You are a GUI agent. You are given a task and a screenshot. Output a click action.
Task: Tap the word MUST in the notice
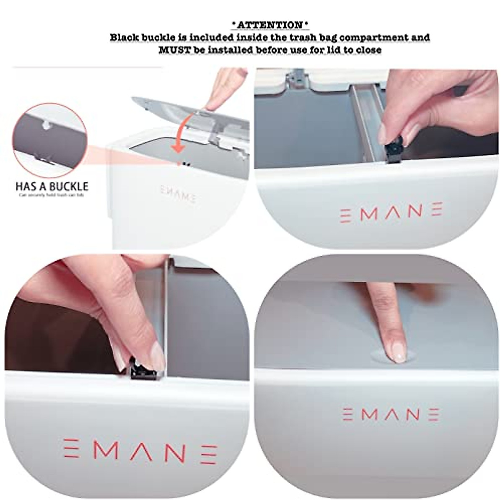pyautogui.click(x=171, y=50)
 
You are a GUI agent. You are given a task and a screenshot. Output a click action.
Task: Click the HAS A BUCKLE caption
pyautogui.click(x=52, y=186)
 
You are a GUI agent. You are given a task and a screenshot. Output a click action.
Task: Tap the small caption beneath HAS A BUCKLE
pyautogui.click(x=52, y=195)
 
